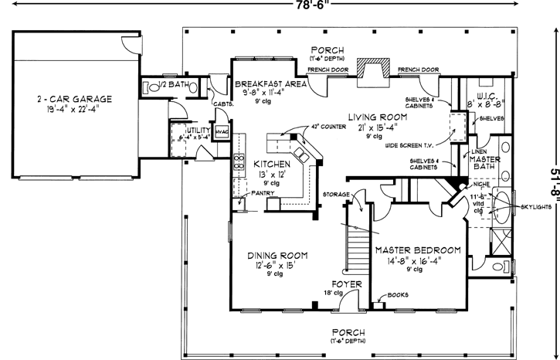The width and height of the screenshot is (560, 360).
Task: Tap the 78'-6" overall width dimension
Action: tap(280, 6)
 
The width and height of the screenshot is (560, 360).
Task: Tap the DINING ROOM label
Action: tap(278, 256)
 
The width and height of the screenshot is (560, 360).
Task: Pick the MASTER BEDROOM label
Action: tap(418, 251)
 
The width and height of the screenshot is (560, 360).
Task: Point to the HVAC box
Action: tap(222, 131)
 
